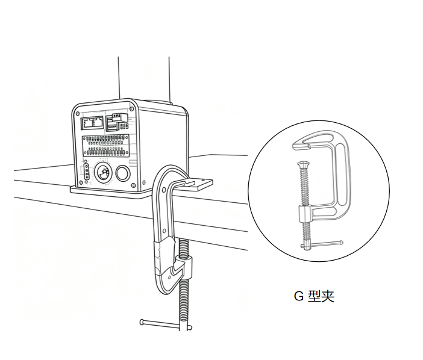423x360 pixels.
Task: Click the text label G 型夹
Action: pos(313,296)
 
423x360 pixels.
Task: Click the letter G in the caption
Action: pos(297,296)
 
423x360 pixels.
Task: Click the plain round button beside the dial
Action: pos(124,173)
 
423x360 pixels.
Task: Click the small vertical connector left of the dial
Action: pos(86,173)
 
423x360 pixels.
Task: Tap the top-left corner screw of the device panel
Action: pos(78,112)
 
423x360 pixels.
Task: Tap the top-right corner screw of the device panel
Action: pos(131,105)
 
